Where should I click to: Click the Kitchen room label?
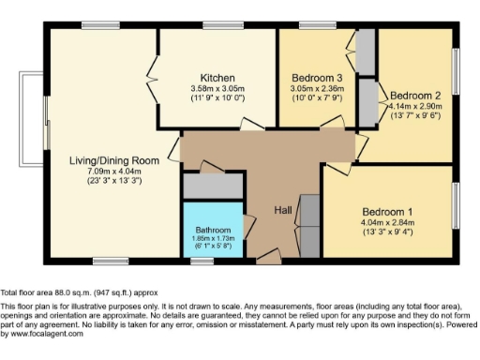217,78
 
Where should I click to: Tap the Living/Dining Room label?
112,161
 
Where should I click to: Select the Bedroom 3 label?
315,78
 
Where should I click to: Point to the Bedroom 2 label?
414,96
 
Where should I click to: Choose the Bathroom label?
212,230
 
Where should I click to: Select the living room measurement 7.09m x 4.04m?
112,172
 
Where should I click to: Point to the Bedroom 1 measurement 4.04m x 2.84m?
386,222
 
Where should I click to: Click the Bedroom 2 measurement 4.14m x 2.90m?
414,106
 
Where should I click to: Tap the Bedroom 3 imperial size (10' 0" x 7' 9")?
315,97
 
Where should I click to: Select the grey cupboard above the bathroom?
212,186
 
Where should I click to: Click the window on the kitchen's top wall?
217,24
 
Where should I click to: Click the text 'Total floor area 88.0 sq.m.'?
56,292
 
